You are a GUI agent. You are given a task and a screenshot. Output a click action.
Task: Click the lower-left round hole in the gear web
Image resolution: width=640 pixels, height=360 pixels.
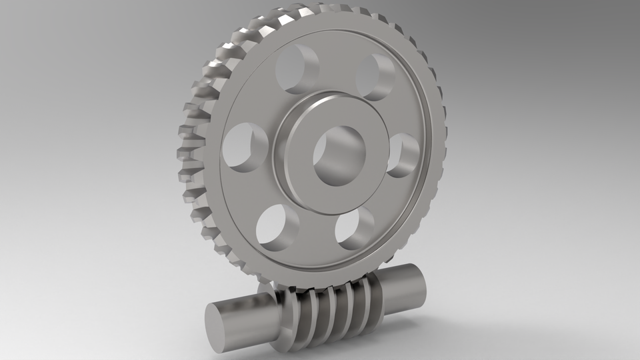276,226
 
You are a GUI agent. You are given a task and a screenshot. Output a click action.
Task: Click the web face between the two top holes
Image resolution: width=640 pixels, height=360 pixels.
337,67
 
